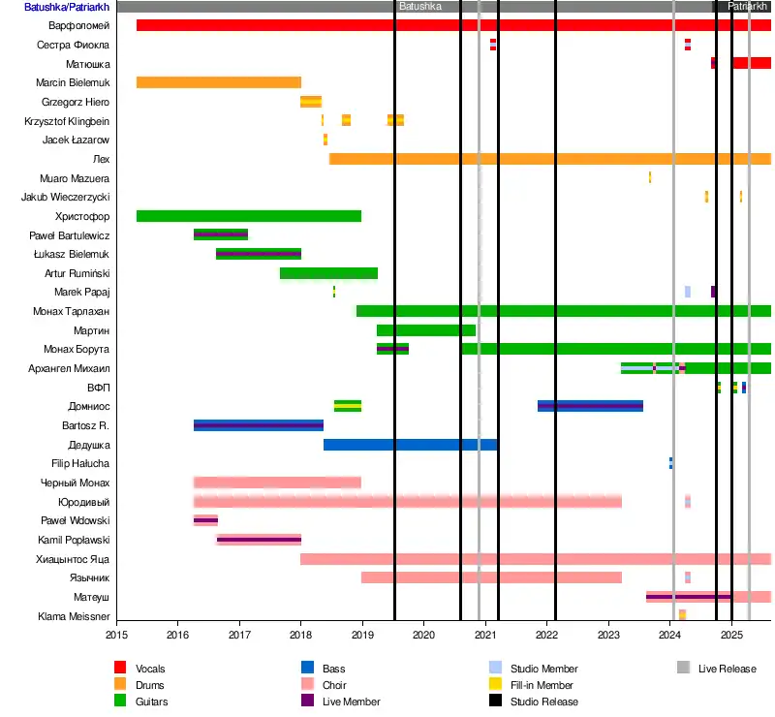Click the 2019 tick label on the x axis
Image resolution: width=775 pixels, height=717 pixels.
click(362, 637)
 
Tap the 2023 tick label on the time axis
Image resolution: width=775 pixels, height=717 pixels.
click(608, 637)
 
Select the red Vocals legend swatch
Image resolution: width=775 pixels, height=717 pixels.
click(120, 669)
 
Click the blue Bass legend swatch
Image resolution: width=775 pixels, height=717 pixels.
click(306, 669)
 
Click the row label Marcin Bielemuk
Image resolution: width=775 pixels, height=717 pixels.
click(73, 82)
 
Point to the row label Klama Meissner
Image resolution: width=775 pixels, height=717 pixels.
click(74, 616)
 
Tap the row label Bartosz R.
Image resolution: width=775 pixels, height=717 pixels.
click(88, 425)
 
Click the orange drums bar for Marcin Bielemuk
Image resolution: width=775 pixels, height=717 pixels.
click(218, 82)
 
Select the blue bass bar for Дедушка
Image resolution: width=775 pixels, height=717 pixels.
click(410, 445)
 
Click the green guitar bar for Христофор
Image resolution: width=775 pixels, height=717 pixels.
click(248, 216)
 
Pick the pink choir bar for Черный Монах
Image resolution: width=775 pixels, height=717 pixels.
click(277, 483)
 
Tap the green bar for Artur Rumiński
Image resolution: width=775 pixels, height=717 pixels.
click(328, 273)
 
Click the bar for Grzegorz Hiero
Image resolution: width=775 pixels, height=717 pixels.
click(311, 102)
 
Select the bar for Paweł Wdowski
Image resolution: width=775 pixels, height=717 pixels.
click(205, 520)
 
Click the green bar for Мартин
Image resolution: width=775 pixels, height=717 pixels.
click(425, 330)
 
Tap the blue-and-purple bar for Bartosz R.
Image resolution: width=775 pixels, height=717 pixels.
click(258, 425)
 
